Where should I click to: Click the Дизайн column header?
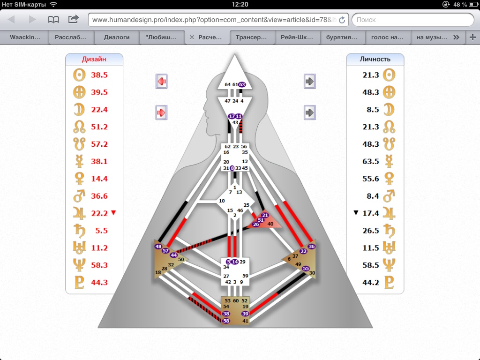[x=94, y=59]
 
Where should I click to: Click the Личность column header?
[x=375, y=59]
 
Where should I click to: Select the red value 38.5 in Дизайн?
[x=99, y=75]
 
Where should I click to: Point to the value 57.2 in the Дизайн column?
[x=99, y=144]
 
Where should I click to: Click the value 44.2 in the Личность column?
[x=370, y=283]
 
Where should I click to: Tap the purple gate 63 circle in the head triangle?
[x=242, y=84]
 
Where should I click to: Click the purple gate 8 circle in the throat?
[x=232, y=168]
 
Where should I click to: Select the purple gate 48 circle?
[x=158, y=247]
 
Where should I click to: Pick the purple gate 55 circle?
[x=306, y=269]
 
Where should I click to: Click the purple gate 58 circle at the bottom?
[x=226, y=321]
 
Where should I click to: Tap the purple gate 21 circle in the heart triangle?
[x=265, y=215]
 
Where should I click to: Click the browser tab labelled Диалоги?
[x=117, y=37]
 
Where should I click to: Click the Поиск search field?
[x=412, y=20]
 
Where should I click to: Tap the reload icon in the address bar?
[x=342, y=20]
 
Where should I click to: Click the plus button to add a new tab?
[x=472, y=37]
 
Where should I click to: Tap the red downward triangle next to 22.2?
[x=113, y=213]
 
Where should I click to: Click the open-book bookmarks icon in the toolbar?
[x=53, y=20]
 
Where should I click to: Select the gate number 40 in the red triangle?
[x=270, y=224]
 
